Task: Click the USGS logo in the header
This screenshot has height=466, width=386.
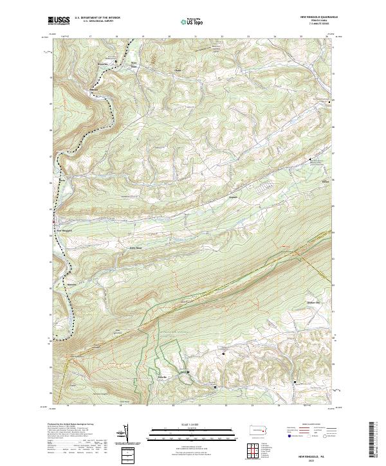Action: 60,21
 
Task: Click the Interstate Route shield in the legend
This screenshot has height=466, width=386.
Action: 286,436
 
